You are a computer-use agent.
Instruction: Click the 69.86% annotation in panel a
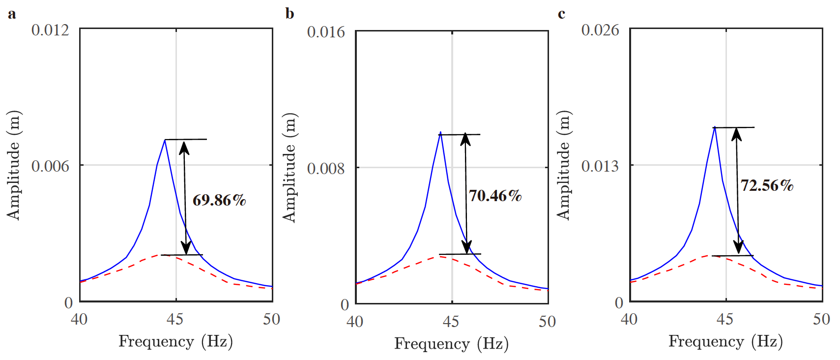[x=219, y=200]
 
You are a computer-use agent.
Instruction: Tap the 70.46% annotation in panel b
[x=494, y=196]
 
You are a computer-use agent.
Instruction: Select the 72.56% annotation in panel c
[x=767, y=185]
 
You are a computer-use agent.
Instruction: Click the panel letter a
[x=12, y=14]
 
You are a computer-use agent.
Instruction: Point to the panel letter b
[x=290, y=14]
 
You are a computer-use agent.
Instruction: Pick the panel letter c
[x=561, y=14]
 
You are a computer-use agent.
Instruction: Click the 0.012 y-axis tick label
[x=50, y=30]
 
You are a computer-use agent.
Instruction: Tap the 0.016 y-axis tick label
[x=326, y=32]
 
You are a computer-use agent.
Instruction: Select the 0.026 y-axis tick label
[x=600, y=30]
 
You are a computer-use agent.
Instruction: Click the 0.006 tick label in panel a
[x=50, y=166]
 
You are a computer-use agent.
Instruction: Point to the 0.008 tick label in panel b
[x=326, y=169]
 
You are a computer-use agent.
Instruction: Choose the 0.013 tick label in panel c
[x=600, y=166]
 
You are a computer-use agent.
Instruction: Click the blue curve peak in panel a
[x=165, y=140]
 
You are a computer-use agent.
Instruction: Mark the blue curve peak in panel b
[x=440, y=132]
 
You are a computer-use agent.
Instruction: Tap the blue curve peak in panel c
[x=714, y=127]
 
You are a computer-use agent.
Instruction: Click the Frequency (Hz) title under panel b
[x=451, y=344]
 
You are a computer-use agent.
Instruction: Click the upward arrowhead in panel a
[x=184, y=147]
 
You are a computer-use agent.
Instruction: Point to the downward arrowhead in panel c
[x=738, y=247]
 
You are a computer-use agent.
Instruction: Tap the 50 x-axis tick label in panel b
[x=547, y=322]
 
